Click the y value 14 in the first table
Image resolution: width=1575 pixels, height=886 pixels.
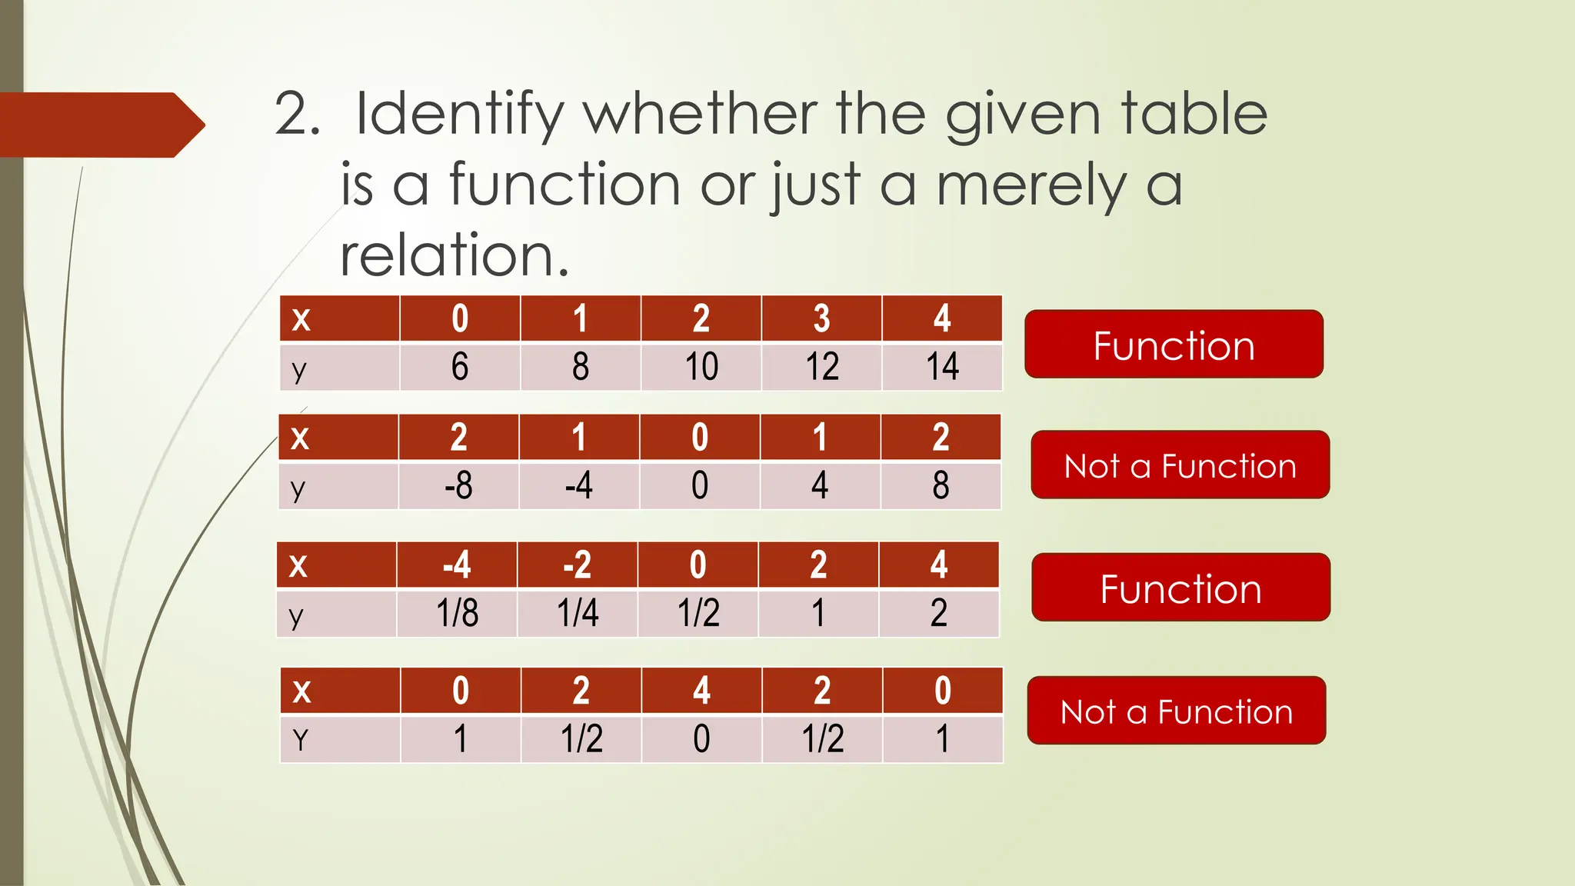pos(942,367)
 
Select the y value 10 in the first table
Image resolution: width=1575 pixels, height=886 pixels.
pos(701,367)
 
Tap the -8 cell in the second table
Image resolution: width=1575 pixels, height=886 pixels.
pos(458,486)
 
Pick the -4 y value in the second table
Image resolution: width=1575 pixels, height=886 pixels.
pos(578,486)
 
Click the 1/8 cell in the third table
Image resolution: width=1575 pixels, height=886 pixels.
pos(457,614)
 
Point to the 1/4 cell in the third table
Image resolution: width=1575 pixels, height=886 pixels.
pos(578,614)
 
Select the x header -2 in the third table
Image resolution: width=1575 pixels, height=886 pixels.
pos(577,565)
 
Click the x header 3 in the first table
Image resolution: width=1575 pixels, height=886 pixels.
pos(821,318)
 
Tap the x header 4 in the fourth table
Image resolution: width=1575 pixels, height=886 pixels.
pos(701,691)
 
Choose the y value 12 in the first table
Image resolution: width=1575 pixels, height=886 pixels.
pos(821,367)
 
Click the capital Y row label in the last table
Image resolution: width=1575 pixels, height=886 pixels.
pos(300,740)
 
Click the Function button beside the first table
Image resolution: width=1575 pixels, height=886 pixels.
pos(1174,345)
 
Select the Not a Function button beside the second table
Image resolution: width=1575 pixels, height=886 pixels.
pos(1180,465)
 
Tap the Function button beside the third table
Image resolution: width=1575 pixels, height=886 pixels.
pos(1180,588)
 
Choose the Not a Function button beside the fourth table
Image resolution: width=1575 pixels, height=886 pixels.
pos(1176,711)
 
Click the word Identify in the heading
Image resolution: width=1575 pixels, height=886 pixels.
pos(459,115)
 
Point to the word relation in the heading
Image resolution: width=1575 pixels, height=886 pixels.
pos(454,255)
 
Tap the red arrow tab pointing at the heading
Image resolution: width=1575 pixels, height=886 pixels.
pos(100,125)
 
